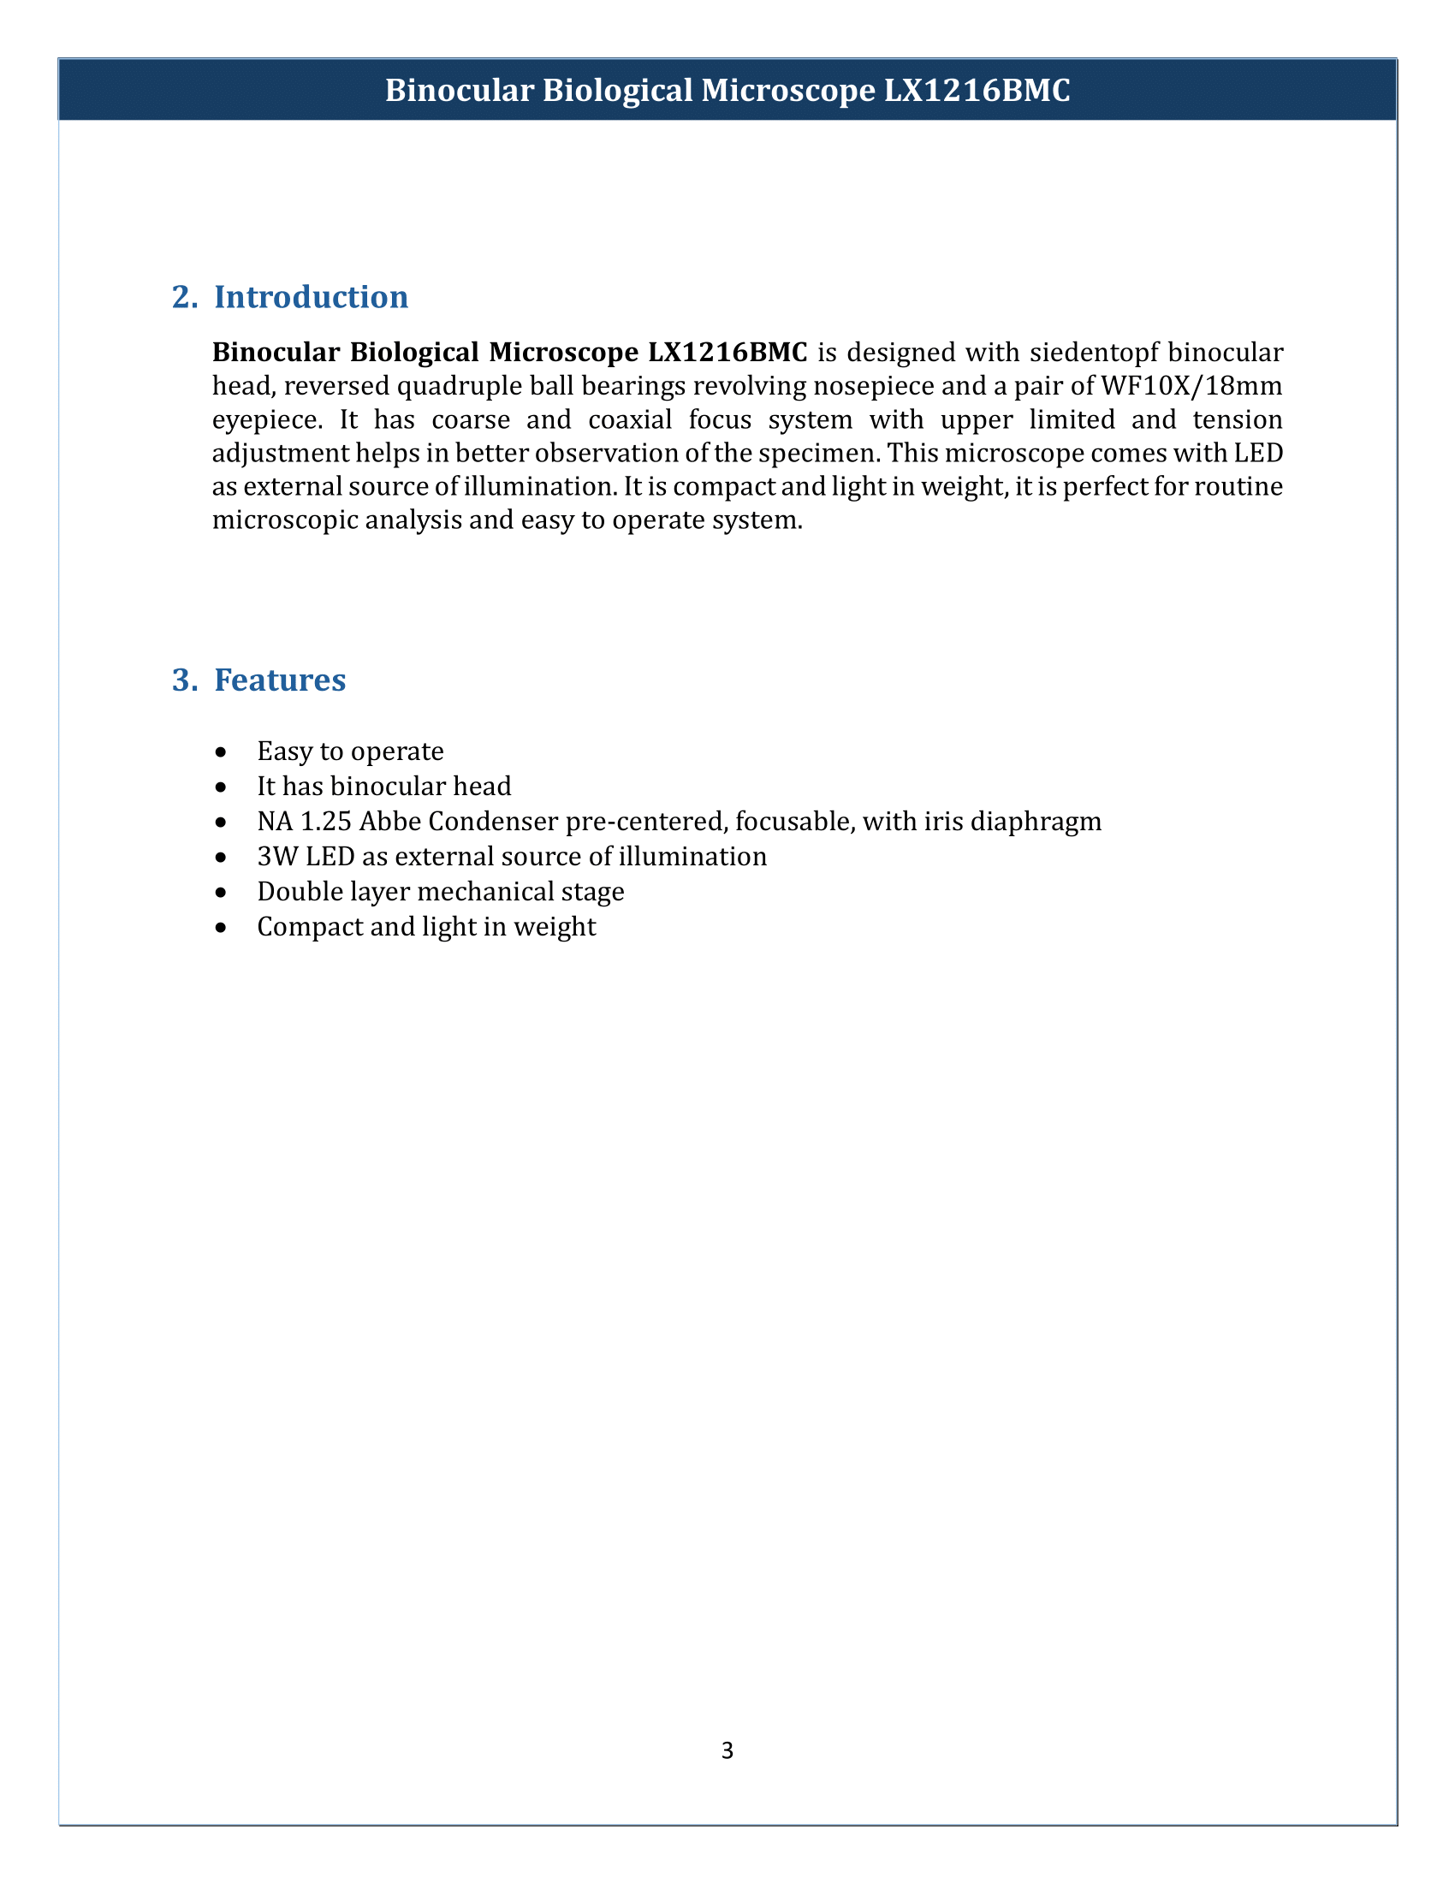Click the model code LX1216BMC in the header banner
click(977, 91)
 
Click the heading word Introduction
click(312, 298)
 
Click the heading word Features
click(280, 680)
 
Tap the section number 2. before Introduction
click(185, 298)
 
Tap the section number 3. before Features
click(185, 680)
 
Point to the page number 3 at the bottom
click(727, 1750)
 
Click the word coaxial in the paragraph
click(630, 420)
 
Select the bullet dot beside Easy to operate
click(222, 752)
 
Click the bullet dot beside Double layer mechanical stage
click(222, 893)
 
